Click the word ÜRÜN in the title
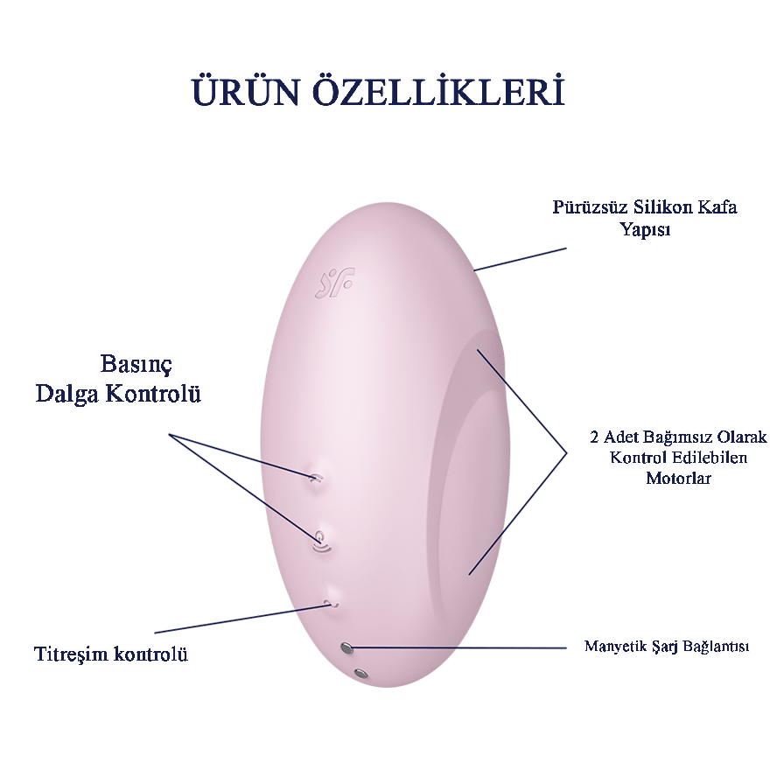pos(245,91)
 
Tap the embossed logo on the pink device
pos(334,283)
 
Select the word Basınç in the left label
pos(136,365)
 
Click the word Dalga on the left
pos(66,394)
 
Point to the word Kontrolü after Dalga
pos(154,393)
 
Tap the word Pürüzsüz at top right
pos(590,206)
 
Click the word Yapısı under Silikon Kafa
pos(645,229)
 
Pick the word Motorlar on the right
pos(678,478)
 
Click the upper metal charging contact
pos(346,648)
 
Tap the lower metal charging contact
pos(360,673)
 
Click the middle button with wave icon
pos(322,542)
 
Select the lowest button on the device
pos(332,599)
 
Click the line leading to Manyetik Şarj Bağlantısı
pos(459,647)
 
